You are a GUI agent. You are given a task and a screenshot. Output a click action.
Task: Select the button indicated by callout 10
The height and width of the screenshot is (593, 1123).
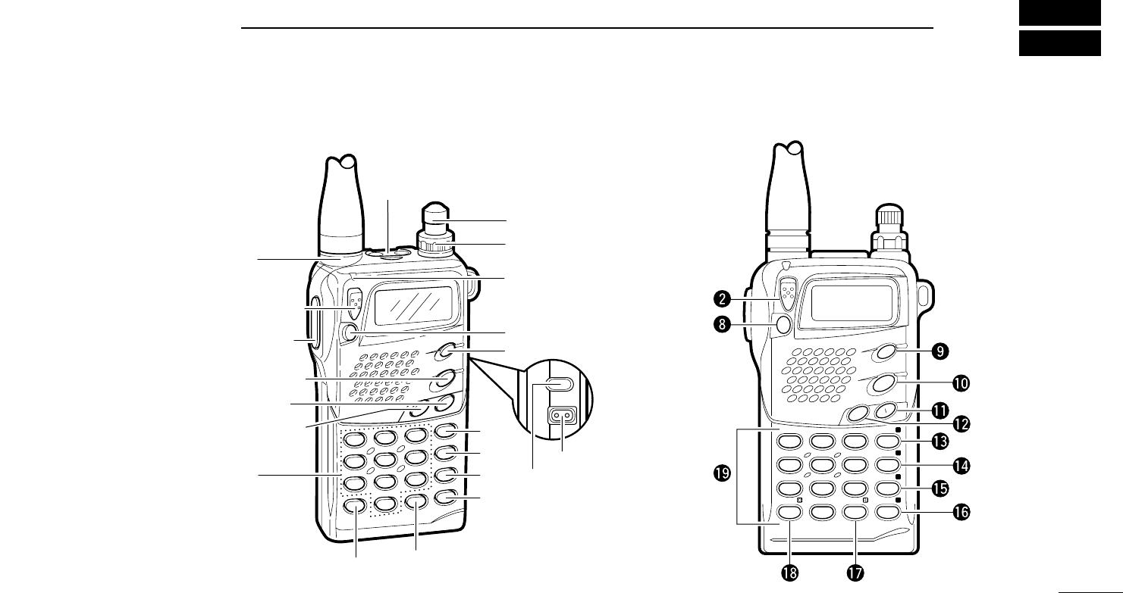point(883,384)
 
